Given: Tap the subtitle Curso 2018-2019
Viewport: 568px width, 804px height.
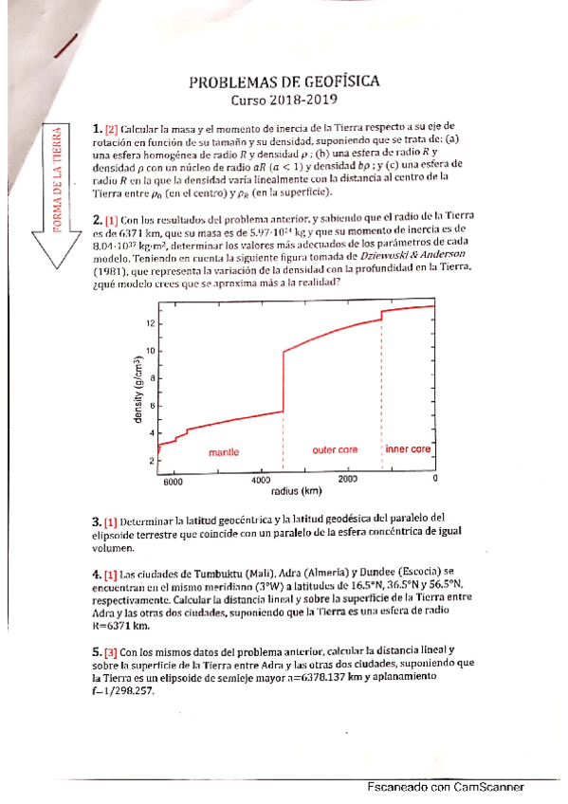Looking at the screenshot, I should [285, 100].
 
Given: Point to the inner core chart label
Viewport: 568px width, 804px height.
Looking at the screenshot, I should [409, 448].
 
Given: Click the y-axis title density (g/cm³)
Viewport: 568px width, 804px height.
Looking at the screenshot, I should [139, 393].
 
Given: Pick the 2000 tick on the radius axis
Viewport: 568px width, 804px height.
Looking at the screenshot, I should [348, 479].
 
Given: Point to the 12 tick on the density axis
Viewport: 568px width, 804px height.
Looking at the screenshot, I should [149, 323].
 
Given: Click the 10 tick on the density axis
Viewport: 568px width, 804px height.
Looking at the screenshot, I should [149, 351].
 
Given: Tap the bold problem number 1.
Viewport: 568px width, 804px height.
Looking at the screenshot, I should [97, 128].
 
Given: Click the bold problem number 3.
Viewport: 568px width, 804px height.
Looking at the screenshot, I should [97, 521].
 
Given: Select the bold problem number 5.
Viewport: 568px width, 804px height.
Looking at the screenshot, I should [97, 652].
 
